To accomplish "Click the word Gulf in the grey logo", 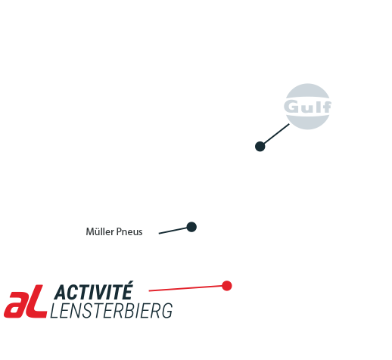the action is click(x=307, y=106).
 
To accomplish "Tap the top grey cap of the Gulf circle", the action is click(x=307, y=90).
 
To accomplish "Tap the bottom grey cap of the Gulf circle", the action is click(x=308, y=122).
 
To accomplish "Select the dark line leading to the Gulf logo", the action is click(x=276, y=134).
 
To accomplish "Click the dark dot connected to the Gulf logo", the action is click(x=260, y=147).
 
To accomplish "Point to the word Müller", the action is click(x=100, y=231).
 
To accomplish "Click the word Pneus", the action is click(x=129, y=231).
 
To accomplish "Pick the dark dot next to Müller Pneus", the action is click(x=191, y=227).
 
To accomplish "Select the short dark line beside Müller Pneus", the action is click(x=173, y=231).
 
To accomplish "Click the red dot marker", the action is click(x=227, y=286).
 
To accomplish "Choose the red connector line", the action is click(x=185, y=288).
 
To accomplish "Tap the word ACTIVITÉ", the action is click(x=93, y=290).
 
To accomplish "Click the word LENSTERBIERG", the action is click(x=111, y=311).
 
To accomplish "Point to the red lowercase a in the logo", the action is click(x=15, y=305).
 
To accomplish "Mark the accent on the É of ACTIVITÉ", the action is click(x=129, y=283).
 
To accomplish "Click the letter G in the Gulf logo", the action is click(x=291, y=106).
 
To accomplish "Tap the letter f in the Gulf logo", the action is click(x=326, y=107).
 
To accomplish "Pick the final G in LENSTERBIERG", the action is click(x=167, y=311).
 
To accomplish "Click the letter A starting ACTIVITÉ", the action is click(x=61, y=292).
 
